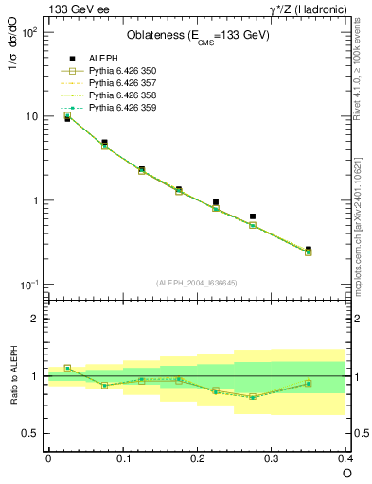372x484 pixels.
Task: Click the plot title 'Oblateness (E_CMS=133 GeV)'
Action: (x=198, y=36)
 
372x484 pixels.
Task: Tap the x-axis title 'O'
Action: (x=347, y=473)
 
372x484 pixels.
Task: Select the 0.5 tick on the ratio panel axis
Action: (x=34, y=433)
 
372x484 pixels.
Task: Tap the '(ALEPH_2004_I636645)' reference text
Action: (x=198, y=283)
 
